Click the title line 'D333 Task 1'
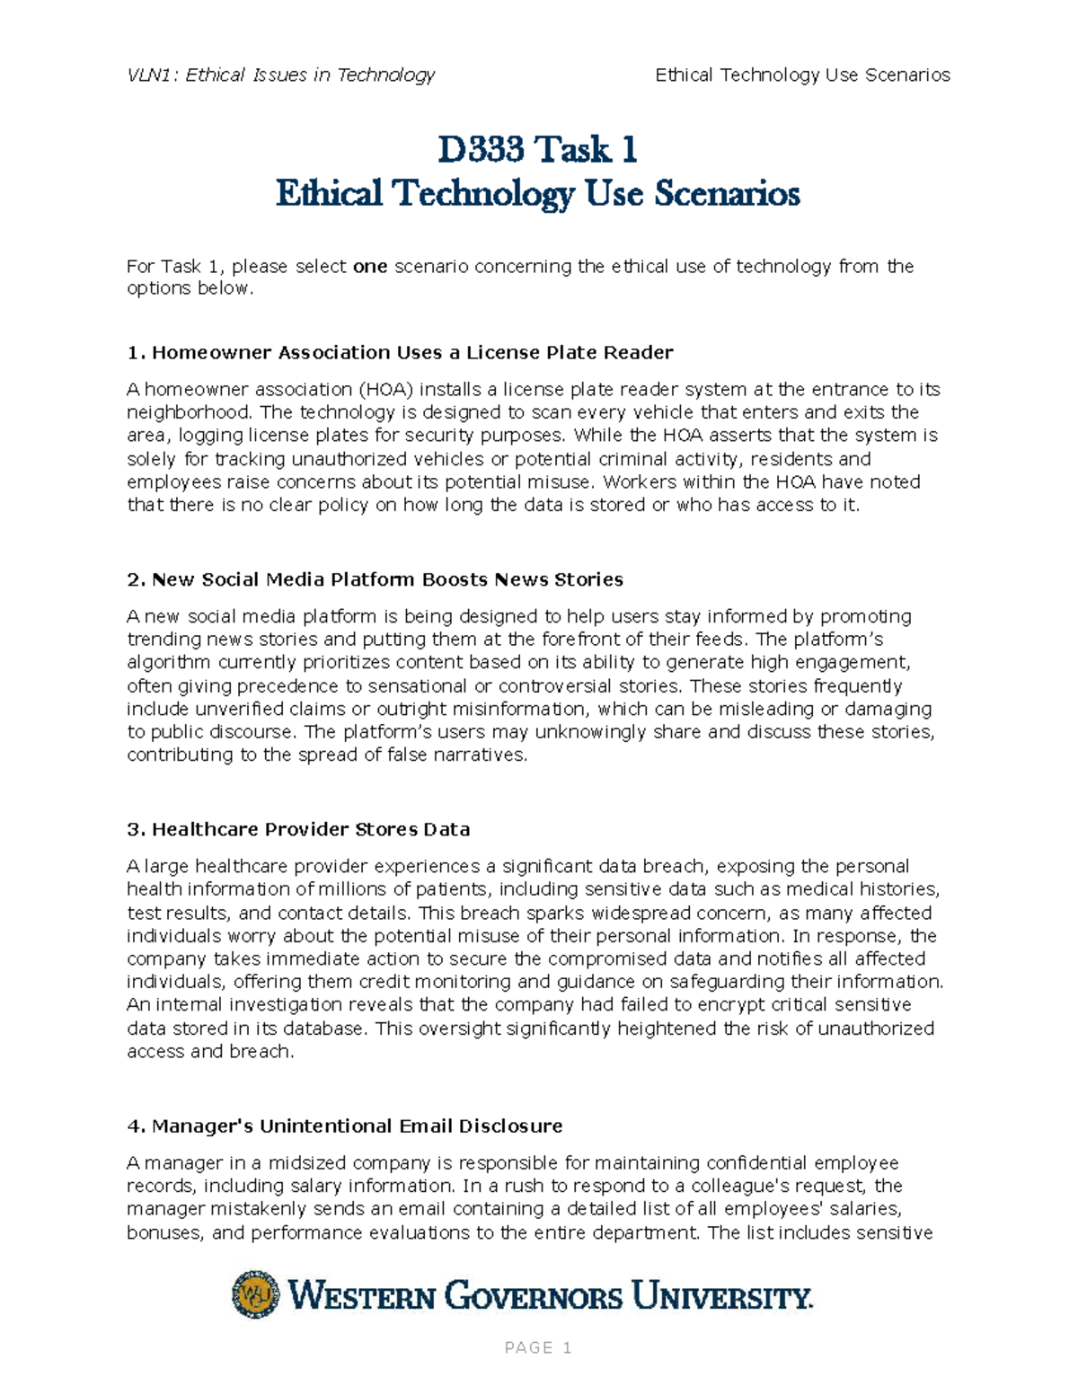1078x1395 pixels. tap(537, 149)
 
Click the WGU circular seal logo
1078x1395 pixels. tap(255, 1294)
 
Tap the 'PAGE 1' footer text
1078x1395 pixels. tap(538, 1347)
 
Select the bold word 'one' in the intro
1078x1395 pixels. tap(370, 266)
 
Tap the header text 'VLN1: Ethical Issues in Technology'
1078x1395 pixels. tap(281, 75)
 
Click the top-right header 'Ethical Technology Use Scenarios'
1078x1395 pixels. tap(802, 75)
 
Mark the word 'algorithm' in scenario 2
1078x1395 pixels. tap(169, 662)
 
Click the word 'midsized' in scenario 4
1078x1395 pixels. tap(295, 1162)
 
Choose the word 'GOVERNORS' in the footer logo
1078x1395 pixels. tap(534, 1296)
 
